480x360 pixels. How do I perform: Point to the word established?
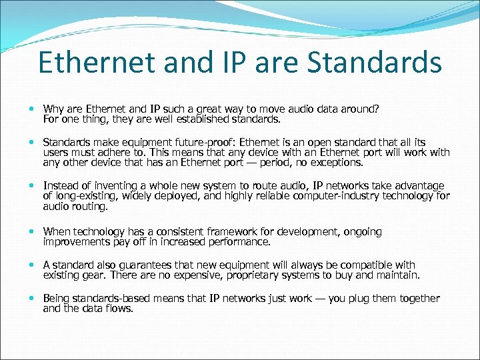[207, 120]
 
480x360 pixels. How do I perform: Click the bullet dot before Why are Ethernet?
[33, 109]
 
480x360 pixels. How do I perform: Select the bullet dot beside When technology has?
[33, 232]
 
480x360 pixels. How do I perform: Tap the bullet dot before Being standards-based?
[33, 299]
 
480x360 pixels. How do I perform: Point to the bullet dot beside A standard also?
[33, 265]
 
